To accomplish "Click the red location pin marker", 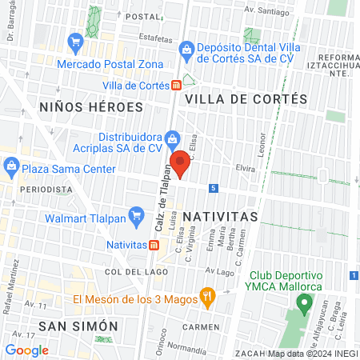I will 181,163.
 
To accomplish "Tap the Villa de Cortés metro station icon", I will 175,86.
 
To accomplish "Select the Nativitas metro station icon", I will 152,244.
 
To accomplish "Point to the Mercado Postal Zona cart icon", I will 76,40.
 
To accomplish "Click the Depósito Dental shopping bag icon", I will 186,50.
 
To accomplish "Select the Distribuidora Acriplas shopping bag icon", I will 171,138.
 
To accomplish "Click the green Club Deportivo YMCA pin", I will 303,304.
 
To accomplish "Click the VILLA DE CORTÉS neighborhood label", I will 246,98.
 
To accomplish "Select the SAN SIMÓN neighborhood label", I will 78,326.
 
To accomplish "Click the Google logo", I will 26,350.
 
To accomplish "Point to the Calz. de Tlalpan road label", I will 163,203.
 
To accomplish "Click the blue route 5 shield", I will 235,188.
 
